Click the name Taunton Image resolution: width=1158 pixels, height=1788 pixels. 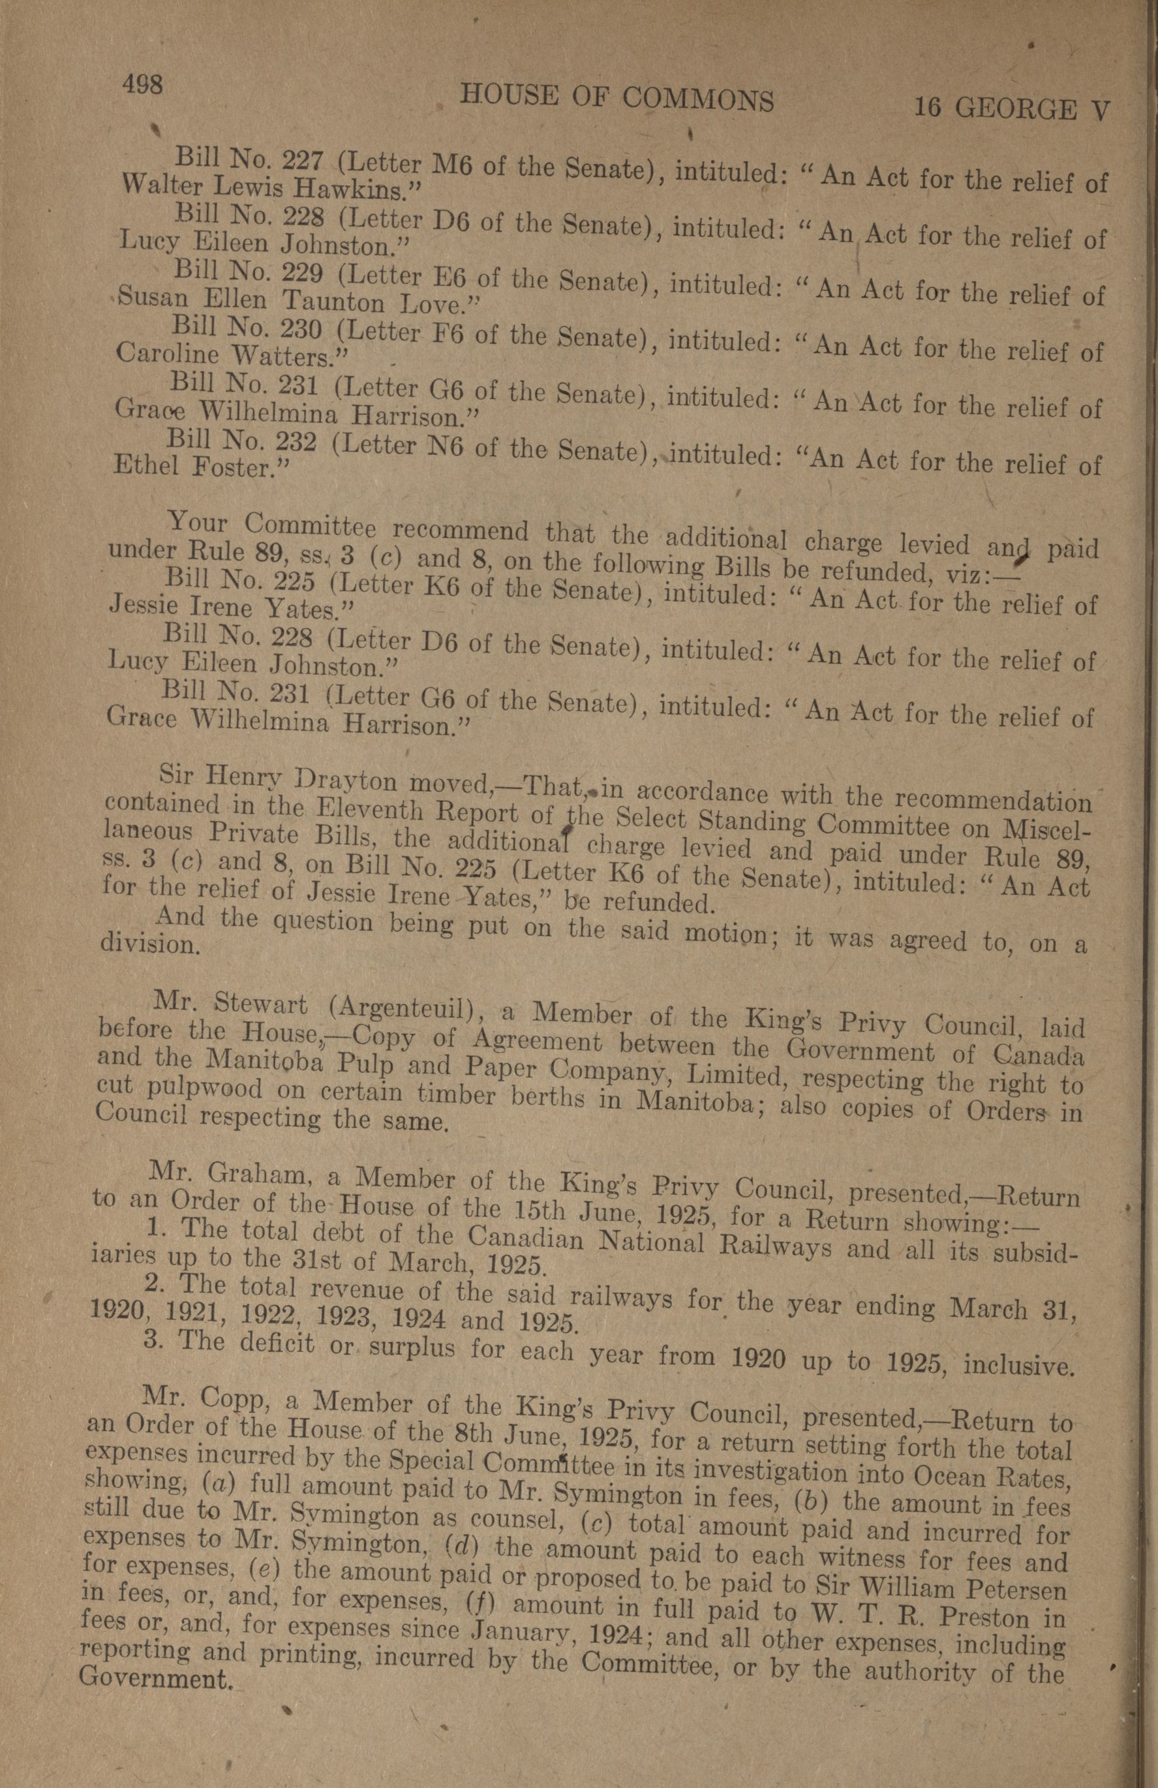333,302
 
